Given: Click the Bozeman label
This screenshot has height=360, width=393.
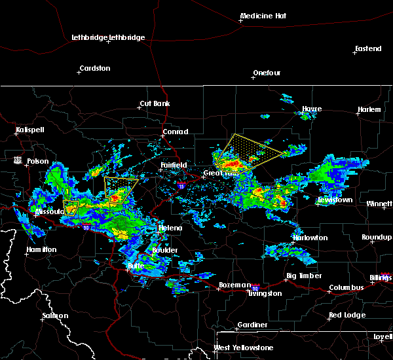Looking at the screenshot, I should [x=234, y=285].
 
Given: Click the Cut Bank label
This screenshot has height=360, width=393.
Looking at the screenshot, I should [x=154, y=104].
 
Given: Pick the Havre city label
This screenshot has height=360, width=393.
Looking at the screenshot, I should [x=312, y=109].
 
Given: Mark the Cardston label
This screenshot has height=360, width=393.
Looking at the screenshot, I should [x=94, y=68].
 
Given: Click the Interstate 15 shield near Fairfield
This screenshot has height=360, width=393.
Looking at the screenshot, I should [x=180, y=186].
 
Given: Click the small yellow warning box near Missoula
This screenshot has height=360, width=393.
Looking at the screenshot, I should [x=71, y=207].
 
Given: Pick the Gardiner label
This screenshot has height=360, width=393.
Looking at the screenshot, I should [x=252, y=325].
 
